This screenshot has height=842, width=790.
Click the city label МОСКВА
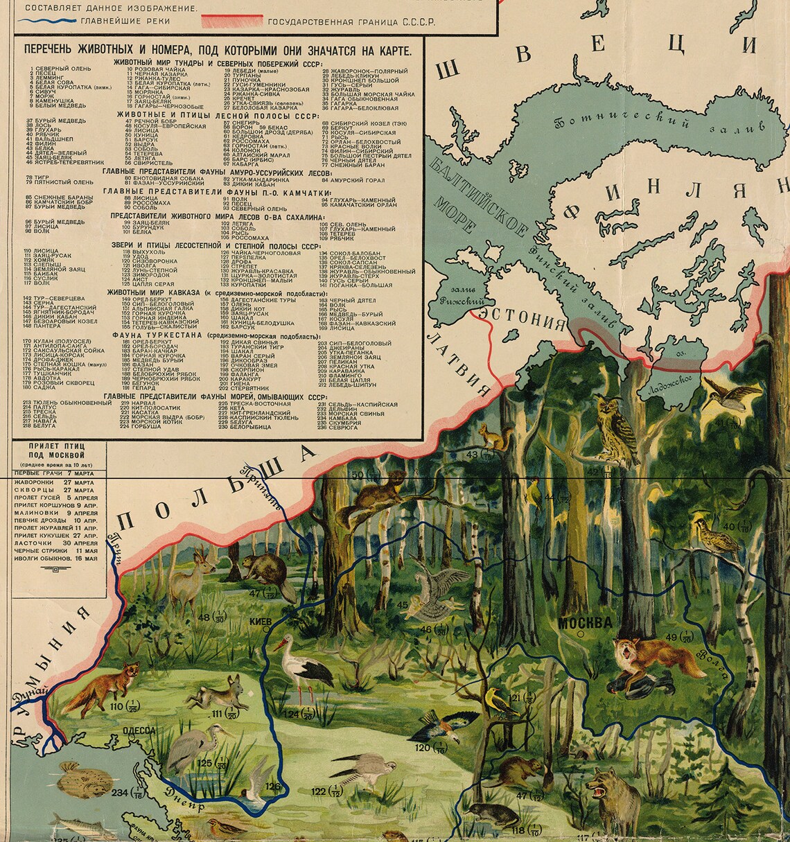585,622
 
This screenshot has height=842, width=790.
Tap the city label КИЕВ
260,622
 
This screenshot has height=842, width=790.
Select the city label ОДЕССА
139,730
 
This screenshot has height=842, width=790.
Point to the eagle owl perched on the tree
616,430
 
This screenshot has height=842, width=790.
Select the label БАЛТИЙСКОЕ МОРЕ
477,208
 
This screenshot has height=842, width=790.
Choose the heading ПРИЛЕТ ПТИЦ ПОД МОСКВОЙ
59,455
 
